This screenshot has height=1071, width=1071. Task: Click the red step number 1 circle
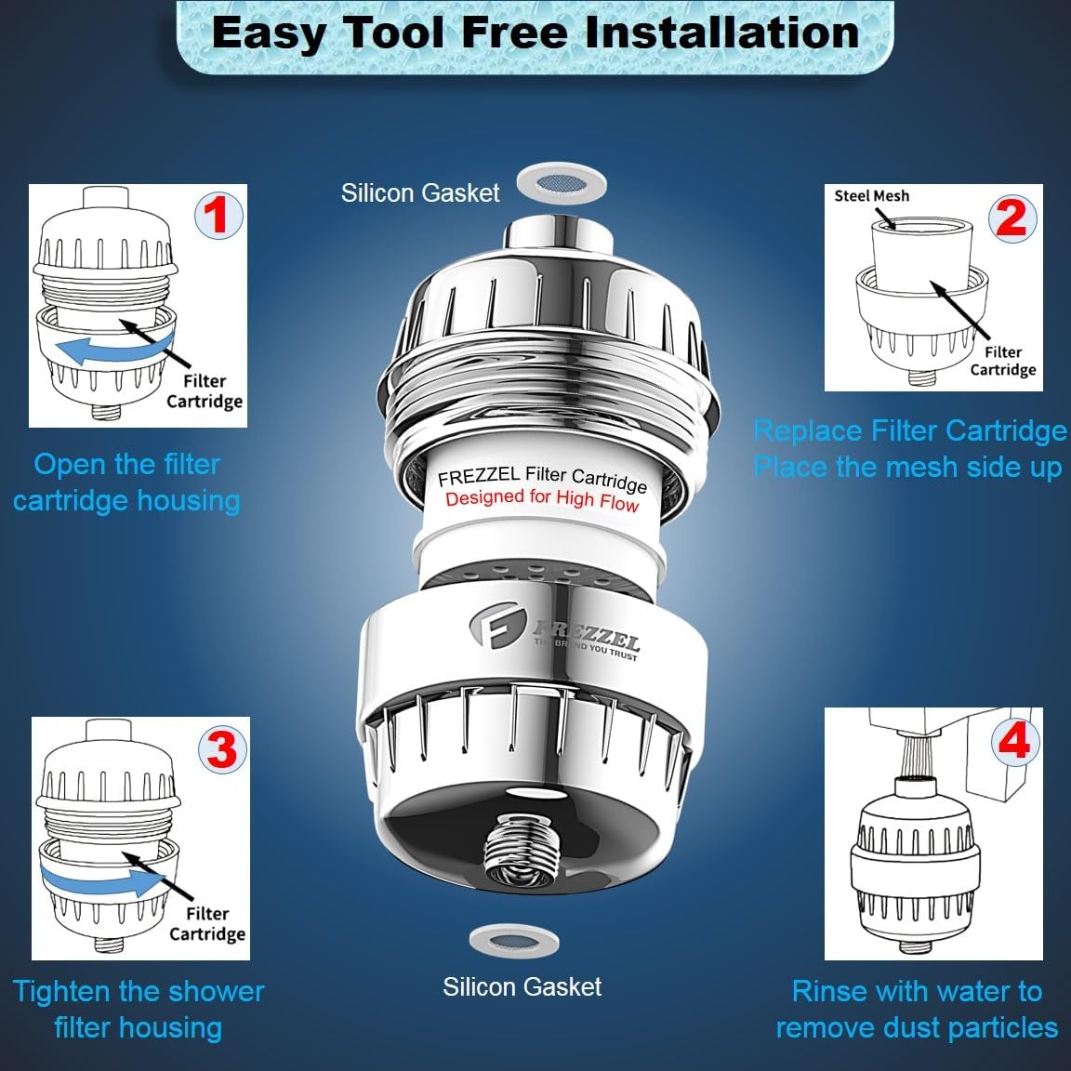218,215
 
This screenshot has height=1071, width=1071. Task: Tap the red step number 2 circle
1012,218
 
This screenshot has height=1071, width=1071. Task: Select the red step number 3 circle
222,749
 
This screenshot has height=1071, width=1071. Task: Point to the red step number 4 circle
1015,741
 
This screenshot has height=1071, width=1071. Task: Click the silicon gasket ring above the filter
562,183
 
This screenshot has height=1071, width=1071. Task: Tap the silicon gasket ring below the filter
514,942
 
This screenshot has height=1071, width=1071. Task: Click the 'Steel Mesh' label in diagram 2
871,196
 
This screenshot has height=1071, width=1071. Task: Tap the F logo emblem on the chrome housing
496,625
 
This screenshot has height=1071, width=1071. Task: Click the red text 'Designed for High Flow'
542,498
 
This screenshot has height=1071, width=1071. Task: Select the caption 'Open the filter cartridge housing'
127,483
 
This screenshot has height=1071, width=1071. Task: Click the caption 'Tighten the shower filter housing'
138,1010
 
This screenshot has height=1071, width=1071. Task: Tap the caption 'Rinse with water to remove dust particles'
917,1010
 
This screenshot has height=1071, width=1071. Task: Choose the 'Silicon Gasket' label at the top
420,192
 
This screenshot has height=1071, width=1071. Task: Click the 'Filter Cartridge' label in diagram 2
1003,361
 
